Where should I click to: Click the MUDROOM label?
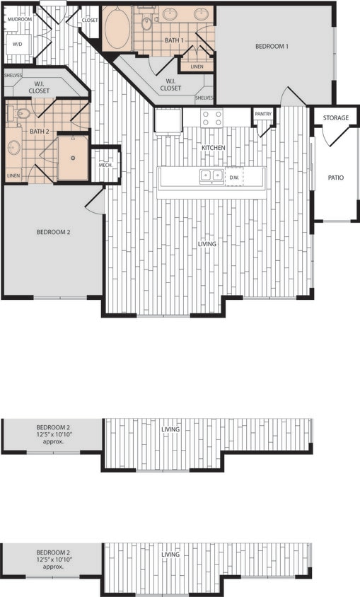pyautogui.click(x=20, y=19)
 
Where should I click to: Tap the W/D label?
pyautogui.click(x=18, y=44)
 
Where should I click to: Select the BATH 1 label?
pyautogui.click(x=174, y=40)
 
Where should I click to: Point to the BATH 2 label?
pyautogui.click(x=39, y=132)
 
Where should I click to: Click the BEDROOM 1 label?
pyautogui.click(x=272, y=46)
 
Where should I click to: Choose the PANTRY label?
pyautogui.click(x=263, y=113)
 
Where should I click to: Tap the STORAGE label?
pyautogui.click(x=336, y=117)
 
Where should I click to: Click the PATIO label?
pyautogui.click(x=336, y=178)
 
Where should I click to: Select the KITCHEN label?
pyautogui.click(x=213, y=147)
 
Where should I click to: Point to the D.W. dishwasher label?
pyautogui.click(x=234, y=176)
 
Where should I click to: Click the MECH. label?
pyautogui.click(x=105, y=165)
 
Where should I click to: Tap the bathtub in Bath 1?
pyautogui.click(x=117, y=28)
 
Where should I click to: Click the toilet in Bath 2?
pyautogui.click(x=21, y=113)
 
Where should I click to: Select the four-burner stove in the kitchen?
pyautogui.click(x=211, y=117)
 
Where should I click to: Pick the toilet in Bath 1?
pyautogui.click(x=147, y=23)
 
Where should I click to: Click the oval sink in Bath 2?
pyautogui.click(x=13, y=149)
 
